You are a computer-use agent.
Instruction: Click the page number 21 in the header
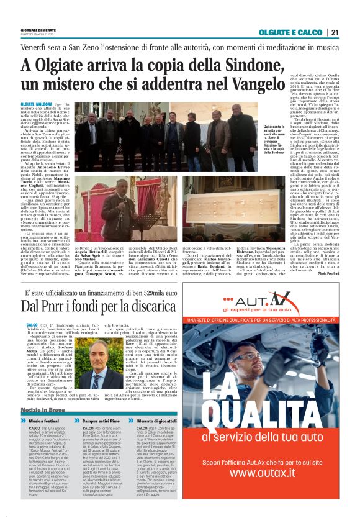pyautogui.click(x=334, y=32)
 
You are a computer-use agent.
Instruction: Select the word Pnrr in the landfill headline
pyautogui.click(x=60, y=306)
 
